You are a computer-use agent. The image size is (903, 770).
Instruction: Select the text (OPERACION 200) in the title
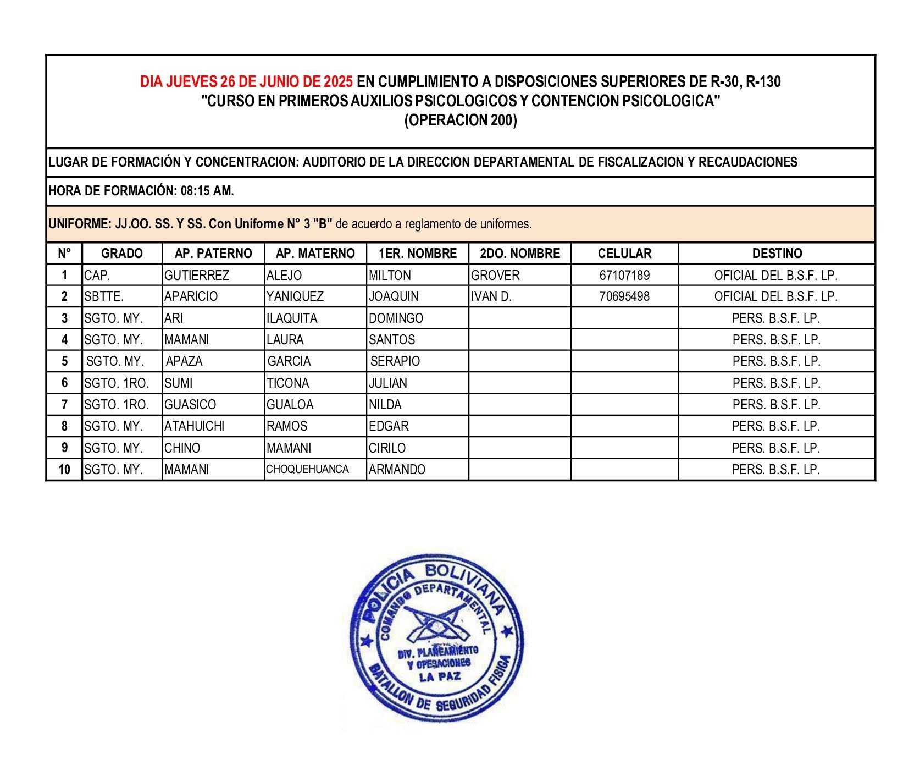pos(461,120)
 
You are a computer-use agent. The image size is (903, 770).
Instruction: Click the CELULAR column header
pos(624,254)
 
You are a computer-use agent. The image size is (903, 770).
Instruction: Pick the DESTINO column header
pos(777,254)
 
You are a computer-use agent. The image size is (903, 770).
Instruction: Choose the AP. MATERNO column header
pos(315,254)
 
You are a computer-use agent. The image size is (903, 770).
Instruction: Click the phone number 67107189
pos(624,275)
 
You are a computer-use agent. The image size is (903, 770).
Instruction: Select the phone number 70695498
pos(624,296)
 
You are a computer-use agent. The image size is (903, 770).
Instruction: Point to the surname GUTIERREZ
pos(197,275)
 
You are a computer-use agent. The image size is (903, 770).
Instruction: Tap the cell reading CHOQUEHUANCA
pos(307,469)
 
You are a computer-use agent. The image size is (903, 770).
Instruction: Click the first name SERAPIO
pos(395,361)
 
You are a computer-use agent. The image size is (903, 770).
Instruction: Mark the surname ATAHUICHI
pos(195,426)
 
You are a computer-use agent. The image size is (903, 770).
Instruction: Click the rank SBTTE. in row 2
pos(104,296)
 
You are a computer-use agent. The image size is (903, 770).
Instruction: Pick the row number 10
pos(64,470)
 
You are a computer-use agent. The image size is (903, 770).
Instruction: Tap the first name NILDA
pos(385,405)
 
